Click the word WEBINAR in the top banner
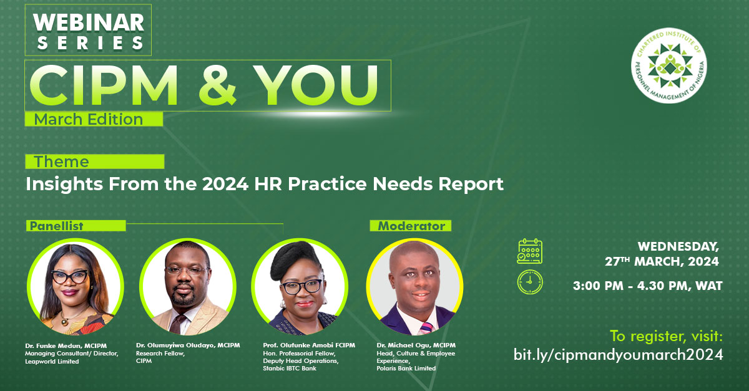click(89, 22)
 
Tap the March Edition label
click(89, 118)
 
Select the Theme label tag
click(62, 162)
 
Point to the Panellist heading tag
click(56, 226)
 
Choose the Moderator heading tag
click(411, 226)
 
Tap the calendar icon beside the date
click(529, 251)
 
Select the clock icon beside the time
click(530, 282)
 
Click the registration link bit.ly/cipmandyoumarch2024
click(618, 355)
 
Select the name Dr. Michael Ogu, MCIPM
click(416, 345)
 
